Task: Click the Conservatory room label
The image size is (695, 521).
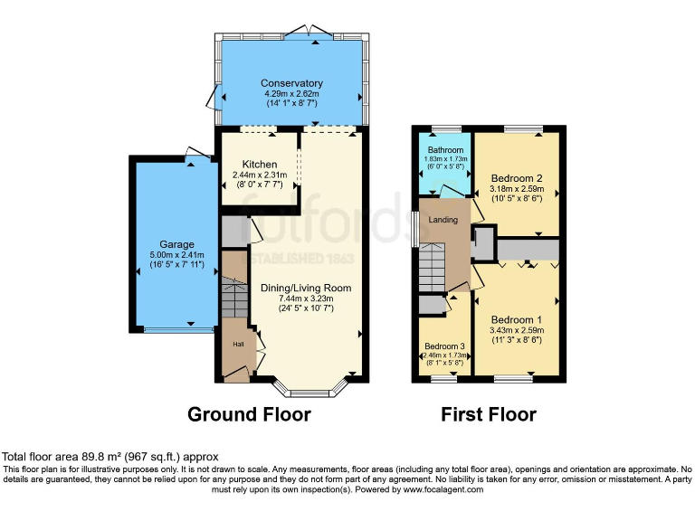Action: tap(291, 83)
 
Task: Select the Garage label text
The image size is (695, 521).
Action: tap(176, 243)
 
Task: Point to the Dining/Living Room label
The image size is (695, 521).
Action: tap(310, 288)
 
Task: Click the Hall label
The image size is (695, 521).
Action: tap(238, 345)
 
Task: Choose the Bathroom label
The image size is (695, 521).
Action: tap(445, 150)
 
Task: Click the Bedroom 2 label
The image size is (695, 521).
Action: tap(516, 178)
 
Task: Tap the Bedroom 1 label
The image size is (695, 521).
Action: tap(516, 320)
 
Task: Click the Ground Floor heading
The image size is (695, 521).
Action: tap(249, 415)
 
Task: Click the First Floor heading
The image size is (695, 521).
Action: tap(488, 415)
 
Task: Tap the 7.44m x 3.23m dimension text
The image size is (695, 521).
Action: tap(310, 298)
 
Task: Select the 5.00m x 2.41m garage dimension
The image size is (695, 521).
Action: tap(177, 254)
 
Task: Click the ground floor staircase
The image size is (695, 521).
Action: tap(234, 297)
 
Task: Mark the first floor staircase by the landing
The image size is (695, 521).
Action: tap(433, 268)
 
